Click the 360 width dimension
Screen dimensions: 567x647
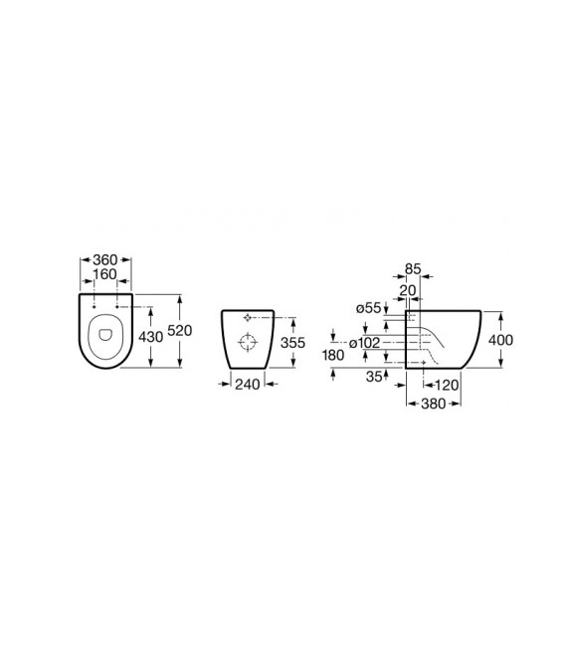click(105, 260)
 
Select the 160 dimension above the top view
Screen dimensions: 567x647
click(105, 274)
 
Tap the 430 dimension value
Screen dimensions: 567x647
click(151, 337)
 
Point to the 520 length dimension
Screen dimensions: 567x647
click(180, 330)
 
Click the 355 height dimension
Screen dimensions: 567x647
click(292, 342)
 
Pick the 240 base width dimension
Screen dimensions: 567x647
click(248, 385)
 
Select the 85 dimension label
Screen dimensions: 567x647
click(413, 269)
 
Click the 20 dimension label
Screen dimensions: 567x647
click(408, 290)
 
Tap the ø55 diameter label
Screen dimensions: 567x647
click(369, 308)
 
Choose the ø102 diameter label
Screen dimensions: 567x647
click(364, 343)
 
